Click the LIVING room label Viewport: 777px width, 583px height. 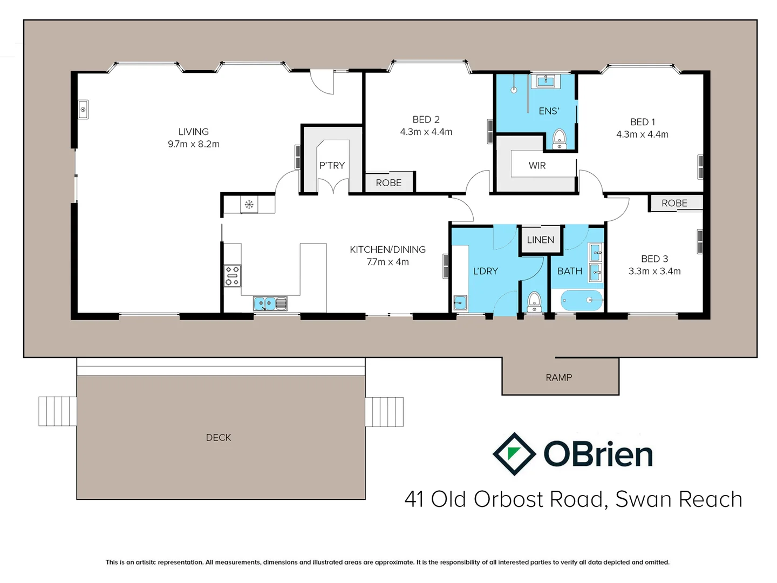click(193, 132)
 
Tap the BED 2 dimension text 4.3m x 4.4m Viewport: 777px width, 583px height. click(426, 132)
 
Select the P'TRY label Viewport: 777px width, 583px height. click(331, 166)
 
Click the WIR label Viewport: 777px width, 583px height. click(537, 166)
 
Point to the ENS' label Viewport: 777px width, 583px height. click(549, 111)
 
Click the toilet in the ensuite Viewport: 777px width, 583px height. click(560, 138)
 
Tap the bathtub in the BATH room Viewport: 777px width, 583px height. click(582, 300)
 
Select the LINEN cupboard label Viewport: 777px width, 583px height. click(540, 240)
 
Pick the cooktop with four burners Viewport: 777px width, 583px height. click(233, 275)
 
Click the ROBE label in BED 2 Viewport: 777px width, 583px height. click(388, 183)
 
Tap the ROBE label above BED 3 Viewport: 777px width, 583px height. click(674, 203)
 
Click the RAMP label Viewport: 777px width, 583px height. click(558, 377)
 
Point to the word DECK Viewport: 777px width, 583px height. click(218, 437)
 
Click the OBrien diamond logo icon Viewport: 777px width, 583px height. click(514, 454)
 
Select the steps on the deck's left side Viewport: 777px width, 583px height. click(57, 411)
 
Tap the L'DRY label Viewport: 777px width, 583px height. click(485, 271)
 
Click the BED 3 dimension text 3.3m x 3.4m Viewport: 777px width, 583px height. click(654, 271)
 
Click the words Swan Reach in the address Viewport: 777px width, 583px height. click(678, 499)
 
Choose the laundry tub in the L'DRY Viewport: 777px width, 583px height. click(460, 303)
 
